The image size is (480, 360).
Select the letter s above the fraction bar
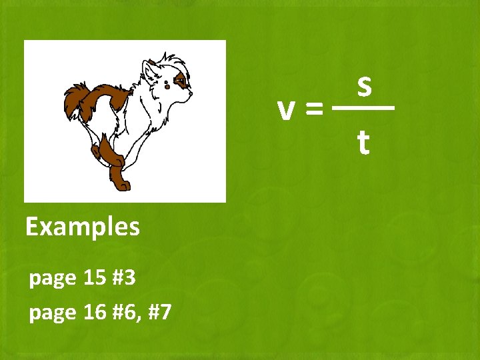coord(363,85)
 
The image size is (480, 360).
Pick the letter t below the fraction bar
coord(363,142)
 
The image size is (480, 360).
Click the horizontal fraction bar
coord(363,107)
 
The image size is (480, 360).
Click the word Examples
coord(83,227)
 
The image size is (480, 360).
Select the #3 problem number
coord(125,277)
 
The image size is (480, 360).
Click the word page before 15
coord(53,278)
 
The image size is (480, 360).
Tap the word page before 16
coord(53,313)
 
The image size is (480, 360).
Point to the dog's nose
coord(191,95)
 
